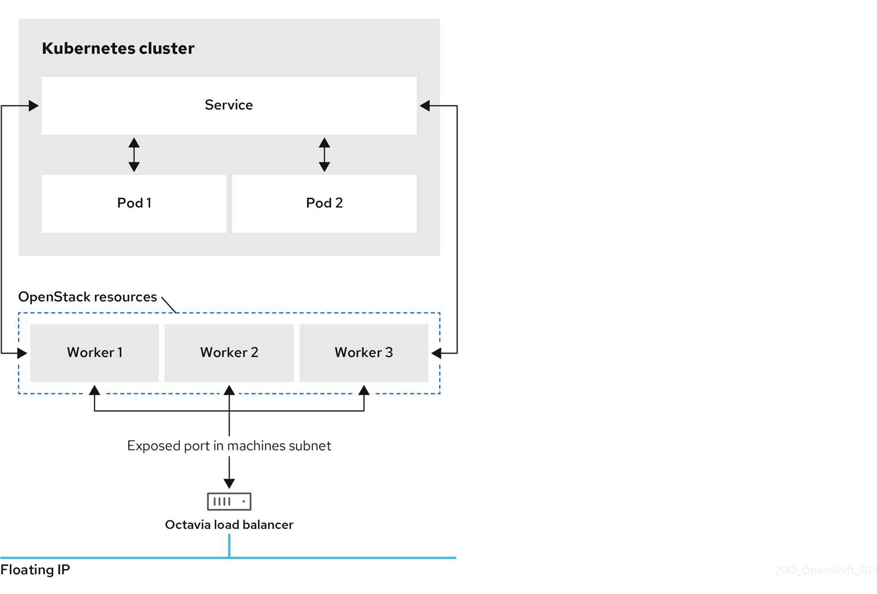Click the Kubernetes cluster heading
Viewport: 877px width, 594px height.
(x=118, y=48)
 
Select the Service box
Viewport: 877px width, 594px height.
(x=229, y=106)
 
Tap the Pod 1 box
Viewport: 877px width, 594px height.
(x=134, y=204)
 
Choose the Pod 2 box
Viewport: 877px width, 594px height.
(x=324, y=204)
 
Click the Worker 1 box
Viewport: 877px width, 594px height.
(x=95, y=353)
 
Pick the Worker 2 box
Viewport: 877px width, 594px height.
(x=229, y=353)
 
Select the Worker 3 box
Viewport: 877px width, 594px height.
(x=363, y=353)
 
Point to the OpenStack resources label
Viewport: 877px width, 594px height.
(x=87, y=297)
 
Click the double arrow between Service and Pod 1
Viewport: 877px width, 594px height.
(x=134, y=155)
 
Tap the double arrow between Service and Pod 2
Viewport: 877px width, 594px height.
(x=324, y=155)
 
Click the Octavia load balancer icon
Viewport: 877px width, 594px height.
(x=229, y=501)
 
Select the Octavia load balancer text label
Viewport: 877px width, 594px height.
(x=229, y=525)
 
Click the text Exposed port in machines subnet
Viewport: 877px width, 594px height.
(x=229, y=446)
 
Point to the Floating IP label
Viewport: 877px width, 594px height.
(x=35, y=570)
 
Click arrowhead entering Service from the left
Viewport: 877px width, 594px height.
(x=33, y=106)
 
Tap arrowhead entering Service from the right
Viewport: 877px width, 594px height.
(x=425, y=106)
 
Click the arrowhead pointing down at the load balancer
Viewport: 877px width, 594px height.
(x=229, y=483)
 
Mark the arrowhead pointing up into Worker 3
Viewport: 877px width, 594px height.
(x=363, y=390)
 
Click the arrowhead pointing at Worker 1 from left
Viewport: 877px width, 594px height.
(x=23, y=353)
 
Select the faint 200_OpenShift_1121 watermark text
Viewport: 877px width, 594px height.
(x=825, y=570)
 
